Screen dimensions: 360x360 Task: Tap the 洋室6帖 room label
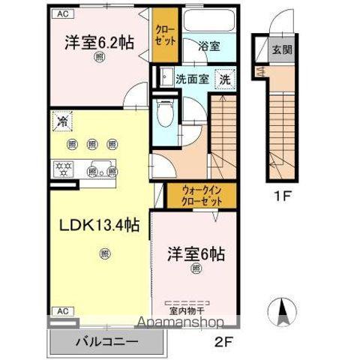coord(197,253)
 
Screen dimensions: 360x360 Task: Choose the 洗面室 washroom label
coord(191,78)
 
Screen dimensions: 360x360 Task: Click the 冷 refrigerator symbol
coord(61,119)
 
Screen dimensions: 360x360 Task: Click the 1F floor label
coord(280,199)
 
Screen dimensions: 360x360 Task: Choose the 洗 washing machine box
coord(223,79)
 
